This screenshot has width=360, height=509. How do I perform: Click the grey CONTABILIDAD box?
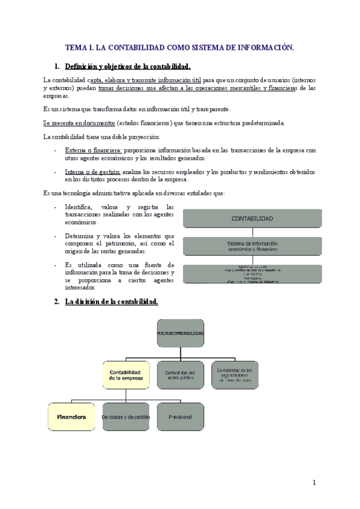(x=252, y=219)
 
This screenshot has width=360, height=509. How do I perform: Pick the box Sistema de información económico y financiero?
(x=252, y=245)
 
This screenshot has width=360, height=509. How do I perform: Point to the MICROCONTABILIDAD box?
(x=180, y=333)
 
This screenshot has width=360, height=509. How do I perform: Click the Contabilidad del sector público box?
(x=180, y=375)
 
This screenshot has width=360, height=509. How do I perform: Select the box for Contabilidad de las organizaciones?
(x=235, y=375)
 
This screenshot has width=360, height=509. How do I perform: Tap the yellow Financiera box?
(x=71, y=417)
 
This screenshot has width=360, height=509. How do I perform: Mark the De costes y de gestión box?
(x=125, y=417)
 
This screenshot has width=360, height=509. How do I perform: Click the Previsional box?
(x=180, y=417)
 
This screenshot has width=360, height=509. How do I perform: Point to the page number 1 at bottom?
(x=313, y=482)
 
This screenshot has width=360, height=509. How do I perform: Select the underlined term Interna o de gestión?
(x=92, y=172)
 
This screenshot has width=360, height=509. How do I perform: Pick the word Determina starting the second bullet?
(x=80, y=236)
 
